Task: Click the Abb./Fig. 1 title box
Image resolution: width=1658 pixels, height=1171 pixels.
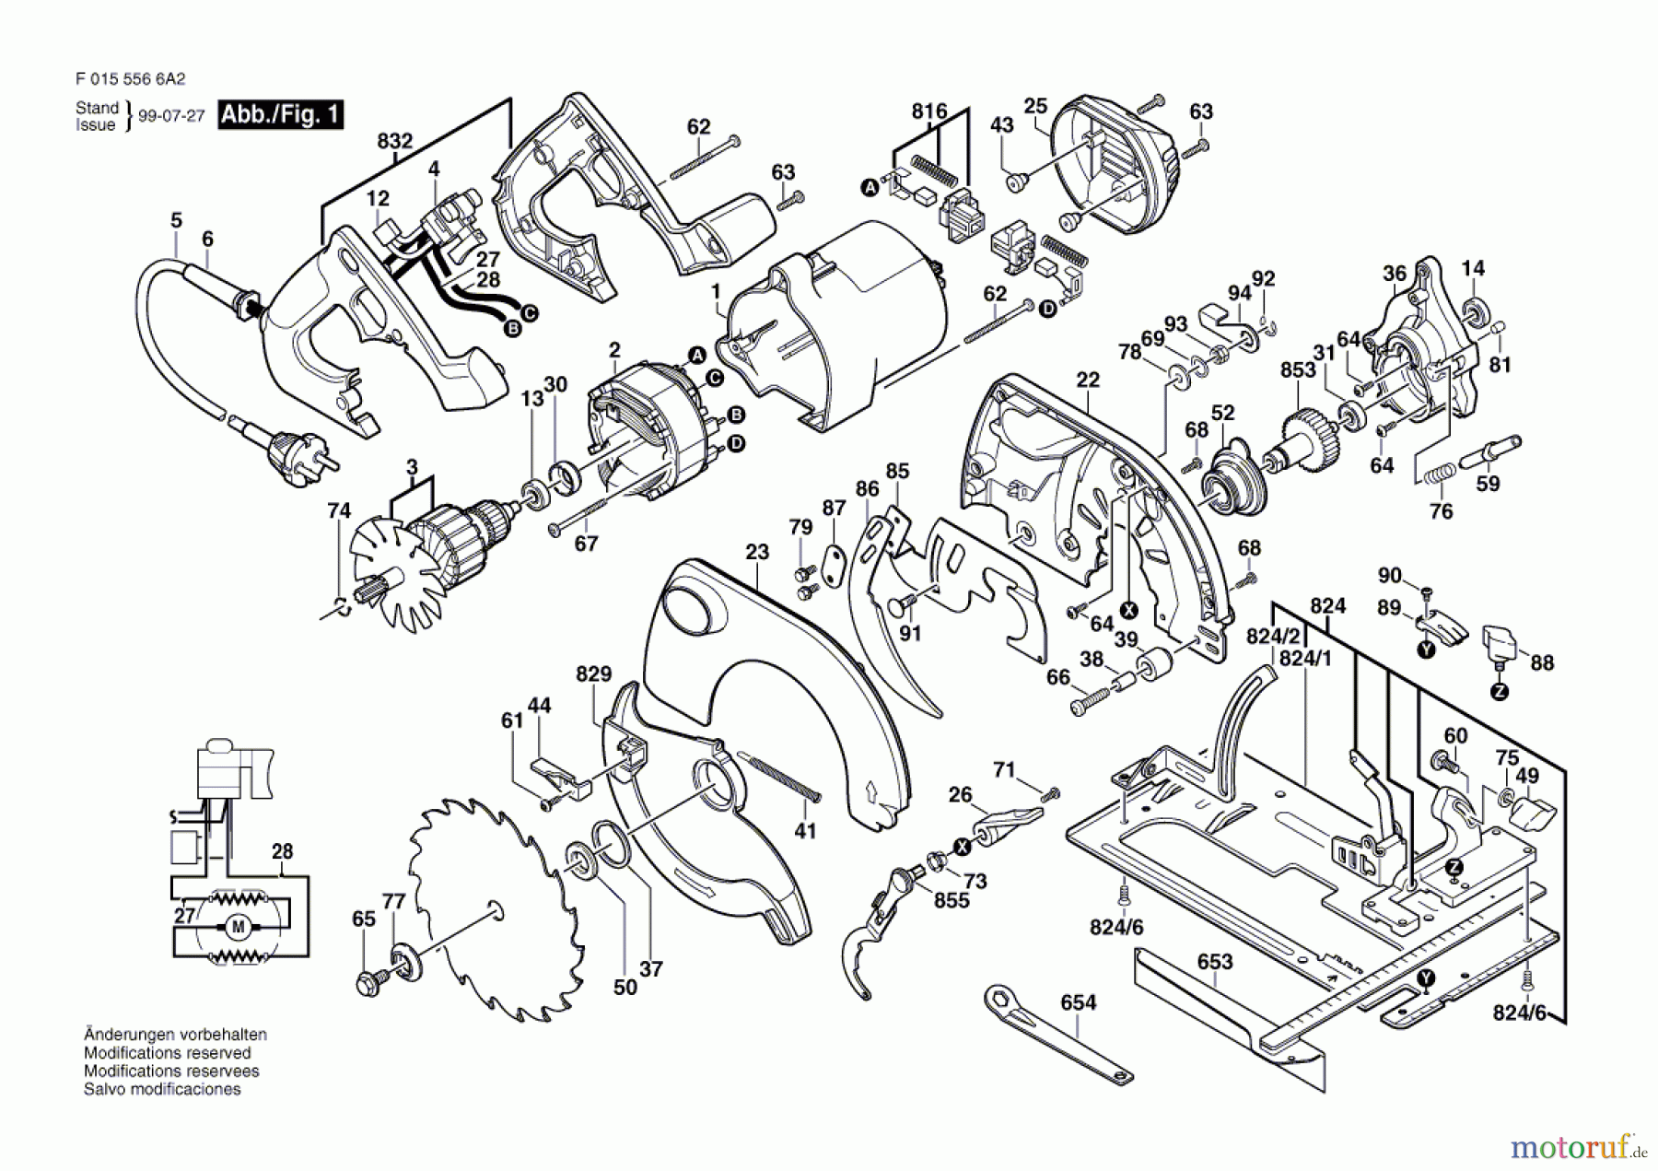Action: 280,115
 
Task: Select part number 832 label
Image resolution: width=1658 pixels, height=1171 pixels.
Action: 394,141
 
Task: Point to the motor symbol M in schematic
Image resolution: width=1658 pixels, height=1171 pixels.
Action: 239,927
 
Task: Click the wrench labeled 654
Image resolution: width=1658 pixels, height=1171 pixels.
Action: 1058,1036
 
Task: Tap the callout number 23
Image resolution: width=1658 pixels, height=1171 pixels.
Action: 757,552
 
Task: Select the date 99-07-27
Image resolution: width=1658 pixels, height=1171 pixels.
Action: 171,117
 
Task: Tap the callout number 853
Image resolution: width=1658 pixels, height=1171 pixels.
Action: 1297,369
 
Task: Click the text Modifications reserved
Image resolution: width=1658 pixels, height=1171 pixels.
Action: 167,1053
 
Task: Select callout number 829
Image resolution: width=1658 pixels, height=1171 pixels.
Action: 594,673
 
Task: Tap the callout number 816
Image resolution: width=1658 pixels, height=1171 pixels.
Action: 929,111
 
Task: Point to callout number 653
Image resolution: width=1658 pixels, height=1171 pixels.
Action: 1214,962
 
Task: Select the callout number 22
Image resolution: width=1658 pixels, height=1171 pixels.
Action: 1088,380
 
